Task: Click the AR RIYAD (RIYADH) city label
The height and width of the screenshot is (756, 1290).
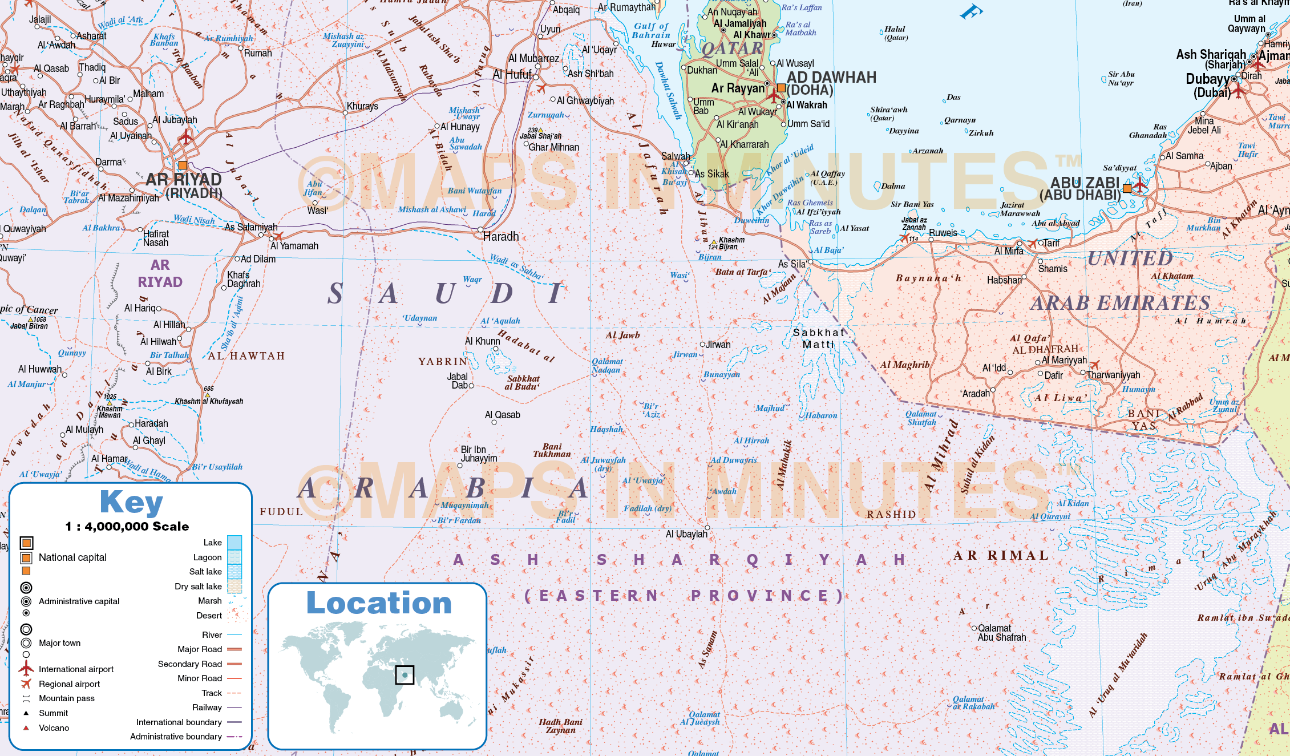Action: [x=184, y=186]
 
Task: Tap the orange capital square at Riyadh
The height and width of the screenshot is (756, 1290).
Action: [x=183, y=165]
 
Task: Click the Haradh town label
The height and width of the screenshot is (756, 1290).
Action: [x=501, y=236]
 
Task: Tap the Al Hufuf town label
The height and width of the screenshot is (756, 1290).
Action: [x=512, y=75]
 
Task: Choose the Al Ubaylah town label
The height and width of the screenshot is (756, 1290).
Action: [x=686, y=534]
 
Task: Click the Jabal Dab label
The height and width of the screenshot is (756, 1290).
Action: [x=458, y=381]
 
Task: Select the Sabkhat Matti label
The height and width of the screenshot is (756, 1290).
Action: [x=819, y=338]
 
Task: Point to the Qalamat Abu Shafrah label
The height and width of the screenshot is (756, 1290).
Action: [x=1001, y=633]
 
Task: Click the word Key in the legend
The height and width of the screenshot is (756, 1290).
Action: [x=131, y=502]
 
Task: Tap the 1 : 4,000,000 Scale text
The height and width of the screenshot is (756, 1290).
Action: [x=127, y=527]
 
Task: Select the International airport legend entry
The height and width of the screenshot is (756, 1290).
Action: [x=76, y=669]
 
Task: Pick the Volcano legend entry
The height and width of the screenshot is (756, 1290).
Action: [x=54, y=728]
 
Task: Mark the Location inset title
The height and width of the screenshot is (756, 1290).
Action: [x=379, y=603]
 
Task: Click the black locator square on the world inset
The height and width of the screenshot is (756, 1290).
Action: [x=405, y=675]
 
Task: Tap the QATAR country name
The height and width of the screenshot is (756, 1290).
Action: [x=731, y=49]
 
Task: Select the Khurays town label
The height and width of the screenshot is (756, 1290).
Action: [x=362, y=106]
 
